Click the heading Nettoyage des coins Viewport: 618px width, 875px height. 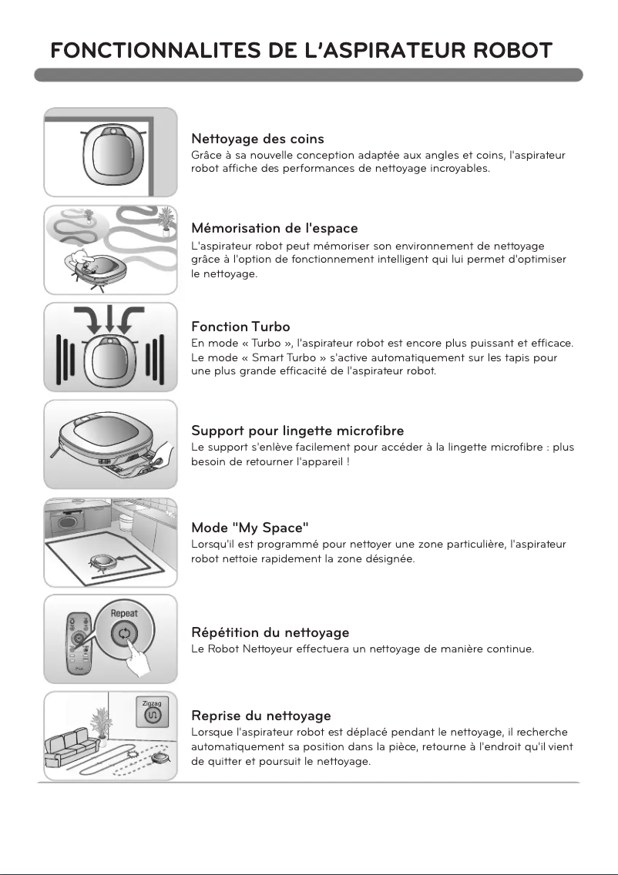click(x=257, y=139)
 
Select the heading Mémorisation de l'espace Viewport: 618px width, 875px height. click(x=274, y=229)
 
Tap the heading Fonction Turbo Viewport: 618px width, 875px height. click(x=240, y=327)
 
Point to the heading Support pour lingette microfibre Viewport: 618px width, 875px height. click(x=297, y=431)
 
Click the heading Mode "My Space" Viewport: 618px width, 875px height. click(x=250, y=528)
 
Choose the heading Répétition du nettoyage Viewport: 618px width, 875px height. click(x=270, y=632)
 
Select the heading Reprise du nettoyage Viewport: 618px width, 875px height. click(x=260, y=716)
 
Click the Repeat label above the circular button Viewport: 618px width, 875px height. click(x=124, y=614)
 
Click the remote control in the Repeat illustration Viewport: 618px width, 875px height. click(x=78, y=645)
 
